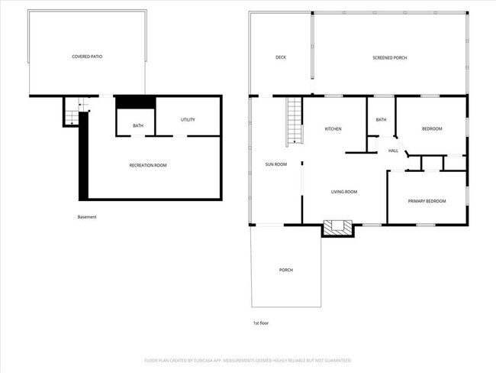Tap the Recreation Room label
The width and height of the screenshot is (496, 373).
(x=148, y=165)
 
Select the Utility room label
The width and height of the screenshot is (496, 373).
(x=188, y=120)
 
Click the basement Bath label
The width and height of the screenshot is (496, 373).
(x=138, y=125)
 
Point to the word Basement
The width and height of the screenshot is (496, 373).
(x=88, y=216)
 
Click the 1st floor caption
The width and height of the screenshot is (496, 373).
(x=260, y=323)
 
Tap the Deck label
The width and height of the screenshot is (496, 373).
(x=280, y=57)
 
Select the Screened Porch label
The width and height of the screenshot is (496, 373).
(x=390, y=57)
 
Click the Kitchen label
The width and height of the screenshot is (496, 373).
(x=333, y=128)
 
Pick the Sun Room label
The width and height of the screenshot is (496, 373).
(x=275, y=164)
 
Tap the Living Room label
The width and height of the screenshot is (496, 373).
(x=343, y=192)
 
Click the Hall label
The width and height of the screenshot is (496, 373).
(x=394, y=151)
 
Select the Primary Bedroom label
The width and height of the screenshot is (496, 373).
(x=427, y=201)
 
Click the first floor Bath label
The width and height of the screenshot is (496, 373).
(x=381, y=120)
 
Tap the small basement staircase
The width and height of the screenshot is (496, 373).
(x=72, y=115)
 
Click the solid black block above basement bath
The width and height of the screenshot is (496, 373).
(x=135, y=103)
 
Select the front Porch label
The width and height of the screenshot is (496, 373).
(x=286, y=270)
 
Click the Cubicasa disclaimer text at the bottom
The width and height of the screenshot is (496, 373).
(x=248, y=359)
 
